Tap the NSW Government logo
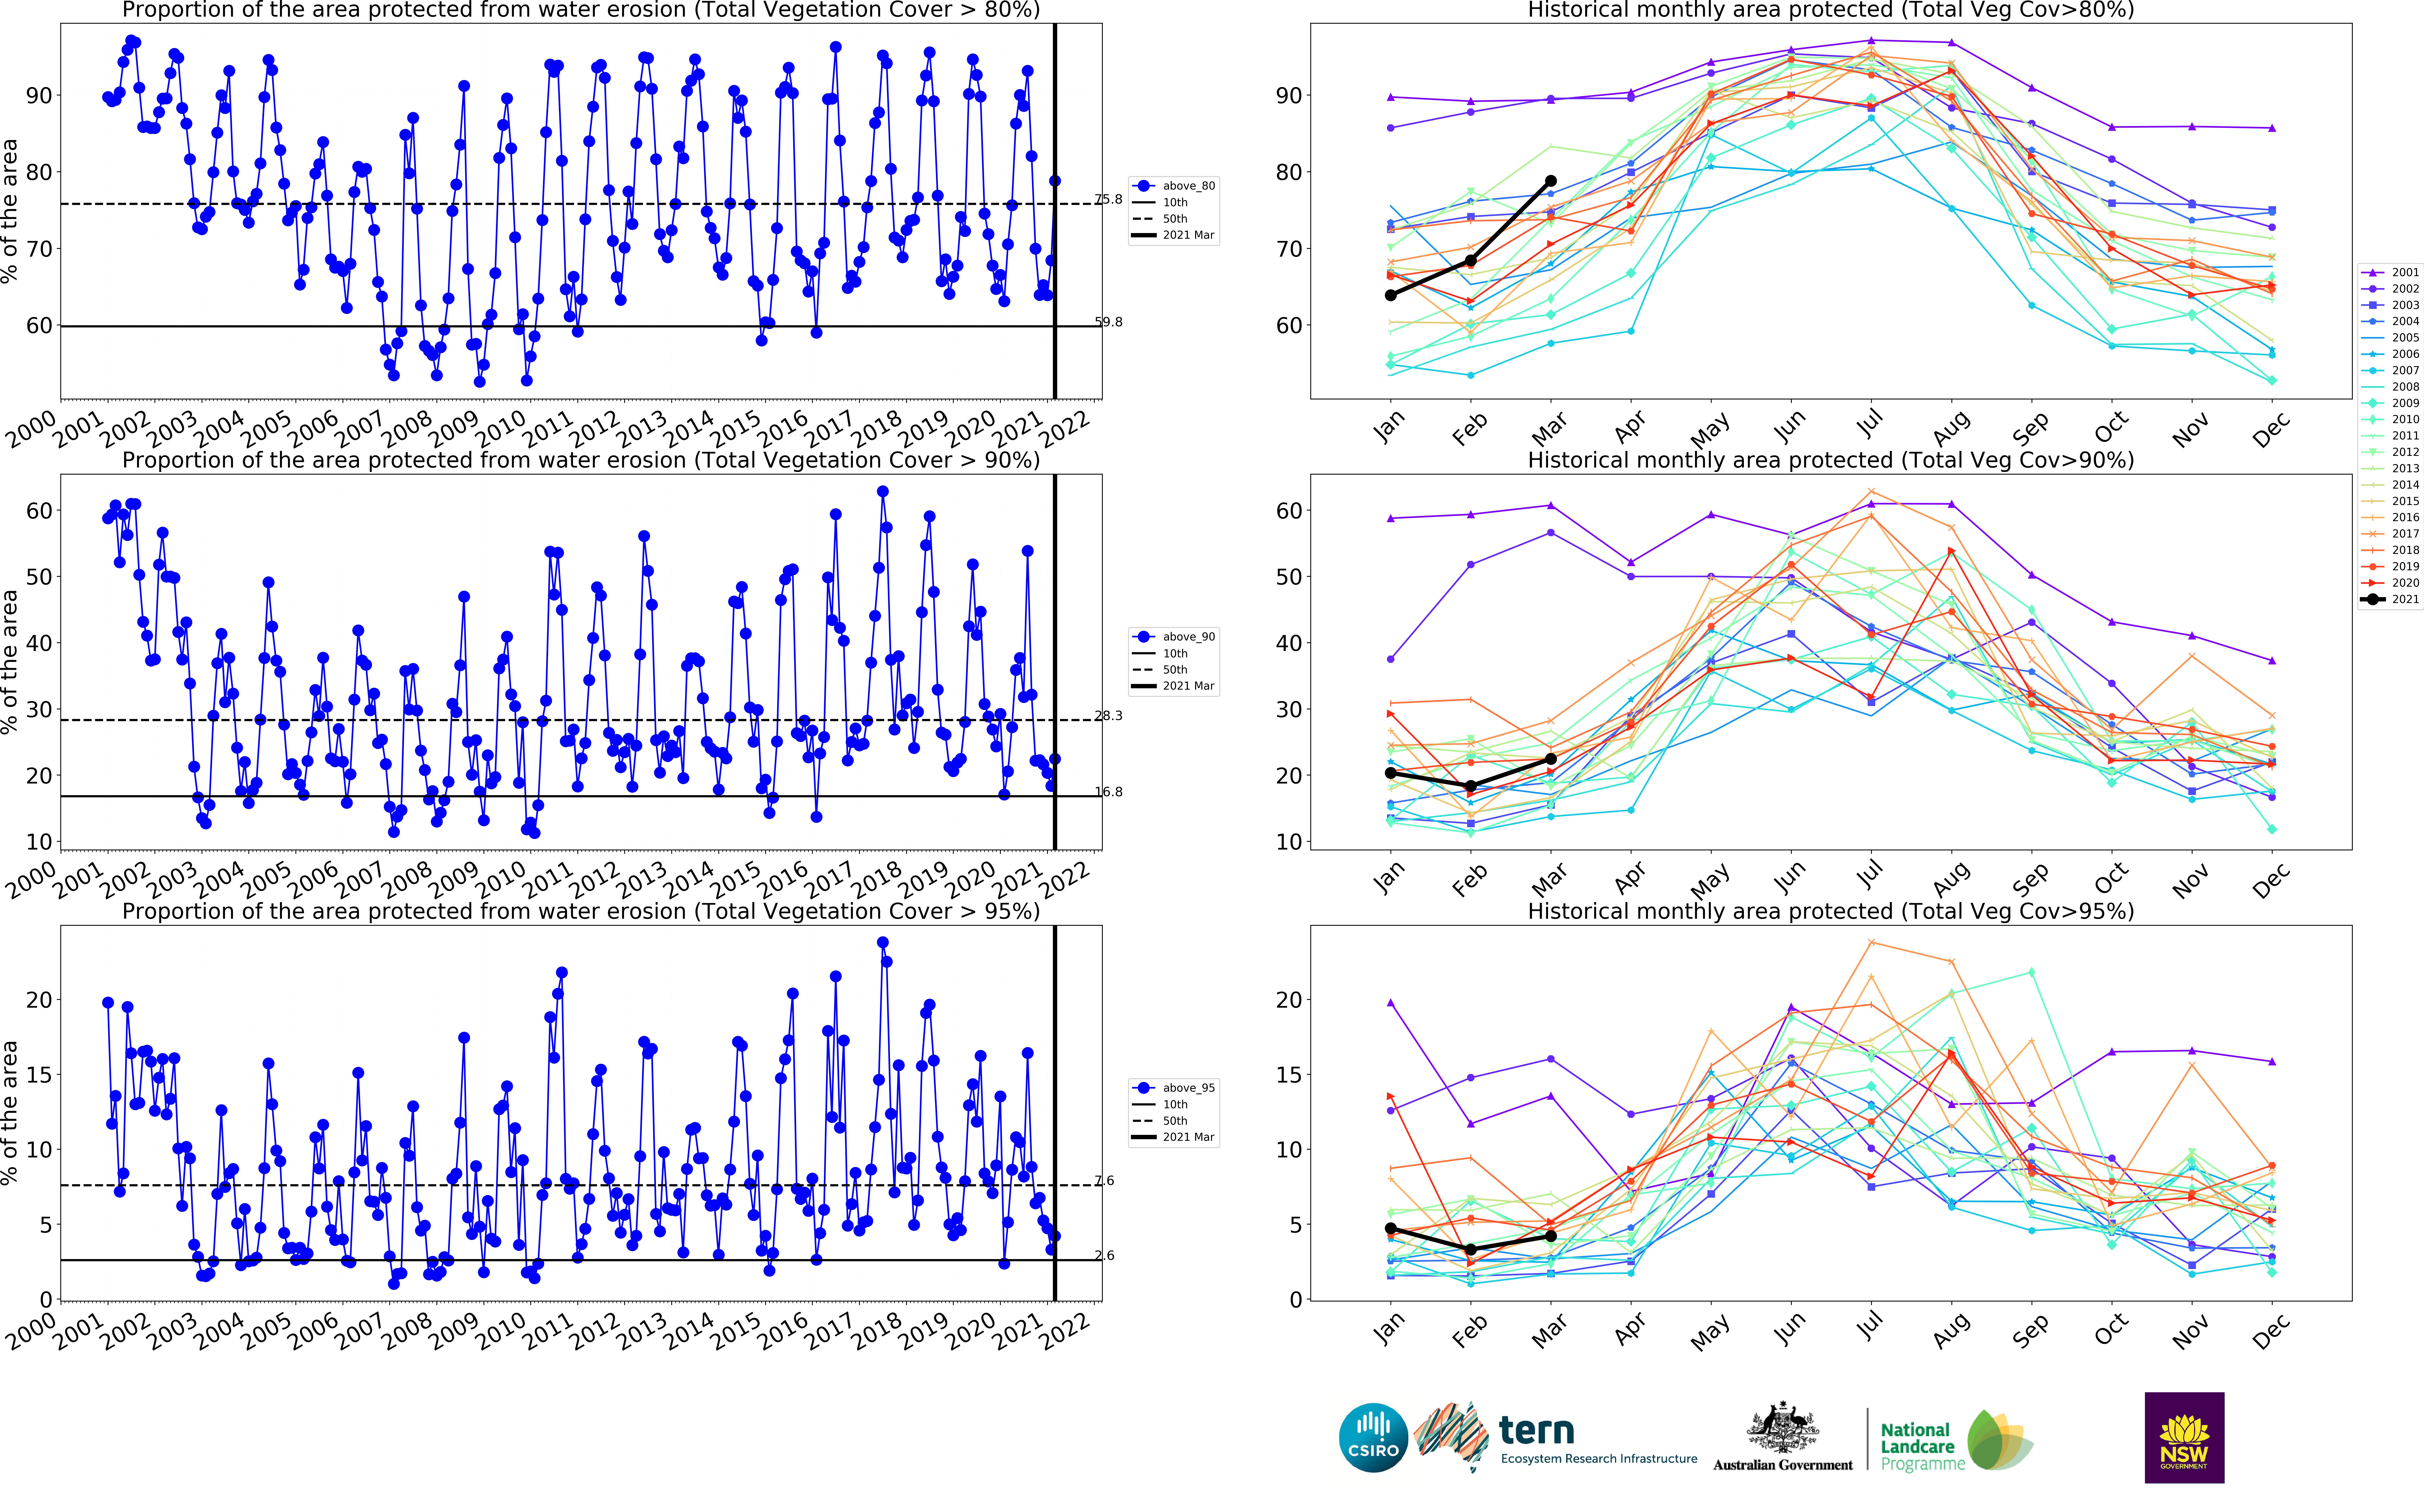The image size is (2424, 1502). pos(2184,1438)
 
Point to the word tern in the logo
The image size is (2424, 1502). pos(1536,1430)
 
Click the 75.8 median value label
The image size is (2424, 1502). pos(1109,200)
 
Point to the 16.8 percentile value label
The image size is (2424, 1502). pos(1109,792)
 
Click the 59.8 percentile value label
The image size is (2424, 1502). pos(1109,322)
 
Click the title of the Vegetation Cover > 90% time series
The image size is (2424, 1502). pos(581,460)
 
